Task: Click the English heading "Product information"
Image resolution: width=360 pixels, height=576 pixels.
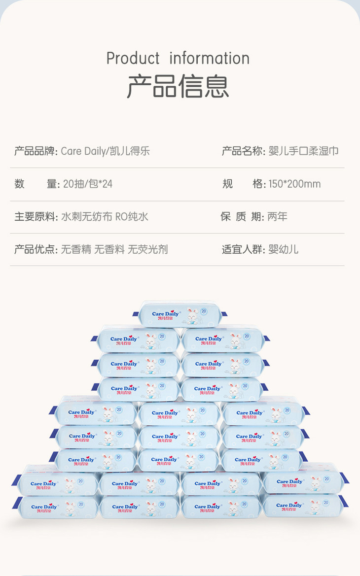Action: (178, 58)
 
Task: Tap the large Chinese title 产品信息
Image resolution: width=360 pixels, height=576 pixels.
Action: (178, 86)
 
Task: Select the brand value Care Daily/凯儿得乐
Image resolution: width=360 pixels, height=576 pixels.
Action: (105, 151)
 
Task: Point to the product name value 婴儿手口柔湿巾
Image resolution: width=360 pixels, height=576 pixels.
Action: (303, 151)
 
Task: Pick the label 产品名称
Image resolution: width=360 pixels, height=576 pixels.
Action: (243, 151)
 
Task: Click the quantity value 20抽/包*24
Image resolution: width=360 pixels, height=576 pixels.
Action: (87, 184)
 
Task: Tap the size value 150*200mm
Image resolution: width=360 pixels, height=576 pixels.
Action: (294, 184)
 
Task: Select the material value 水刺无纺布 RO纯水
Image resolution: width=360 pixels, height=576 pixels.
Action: (104, 217)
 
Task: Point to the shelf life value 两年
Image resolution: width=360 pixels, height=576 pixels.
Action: (277, 217)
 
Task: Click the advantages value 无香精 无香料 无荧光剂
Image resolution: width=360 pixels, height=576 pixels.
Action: (114, 249)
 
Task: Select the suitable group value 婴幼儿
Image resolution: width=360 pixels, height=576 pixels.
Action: (283, 249)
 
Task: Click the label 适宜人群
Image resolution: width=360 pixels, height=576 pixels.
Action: (243, 249)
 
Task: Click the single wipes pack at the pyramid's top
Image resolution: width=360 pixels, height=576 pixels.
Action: (180, 314)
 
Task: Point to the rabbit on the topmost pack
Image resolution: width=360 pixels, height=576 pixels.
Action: (192, 316)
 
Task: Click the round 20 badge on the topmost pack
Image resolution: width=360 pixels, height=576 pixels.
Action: (204, 311)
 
